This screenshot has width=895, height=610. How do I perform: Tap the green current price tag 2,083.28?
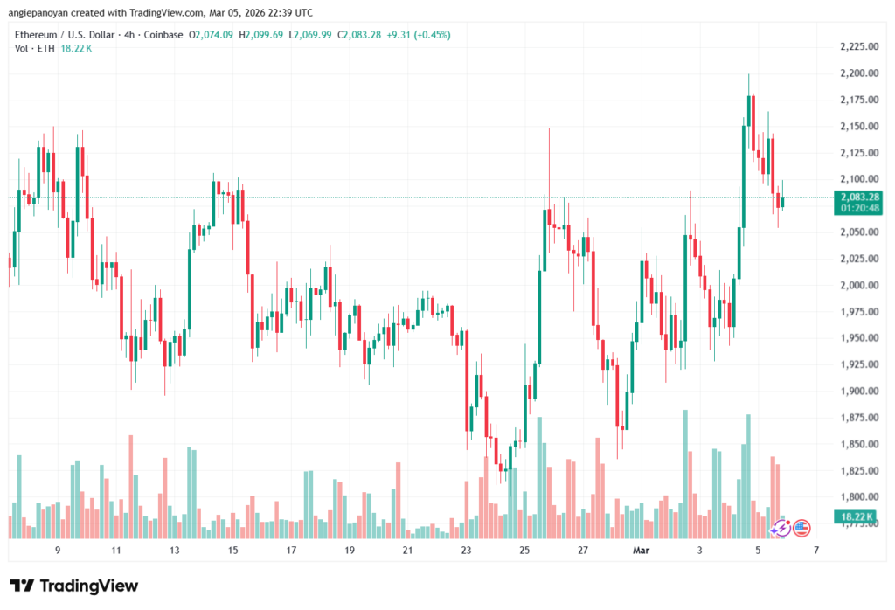[x=857, y=198]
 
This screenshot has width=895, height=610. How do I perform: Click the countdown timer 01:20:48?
[x=857, y=209]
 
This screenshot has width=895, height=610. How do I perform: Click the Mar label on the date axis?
[x=641, y=551]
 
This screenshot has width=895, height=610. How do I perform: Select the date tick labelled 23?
[x=466, y=551]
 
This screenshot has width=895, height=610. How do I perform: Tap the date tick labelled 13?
[x=175, y=551]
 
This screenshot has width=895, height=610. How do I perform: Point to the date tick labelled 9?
[x=58, y=551]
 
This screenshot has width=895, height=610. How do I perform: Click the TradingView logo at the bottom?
[x=73, y=586]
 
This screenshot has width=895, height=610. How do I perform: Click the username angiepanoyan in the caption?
[x=38, y=13]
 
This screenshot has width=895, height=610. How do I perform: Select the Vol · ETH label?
[x=35, y=48]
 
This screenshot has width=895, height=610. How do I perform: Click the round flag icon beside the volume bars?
[x=801, y=528]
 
